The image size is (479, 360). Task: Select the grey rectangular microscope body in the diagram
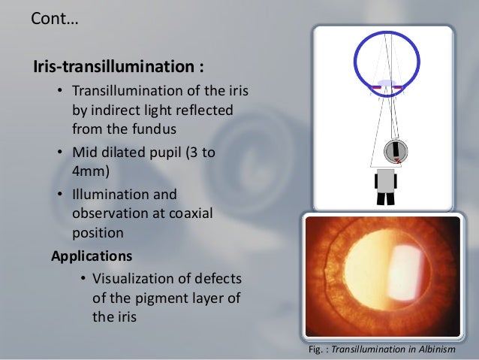[385, 180]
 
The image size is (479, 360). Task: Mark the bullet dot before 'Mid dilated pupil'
[59, 153]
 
